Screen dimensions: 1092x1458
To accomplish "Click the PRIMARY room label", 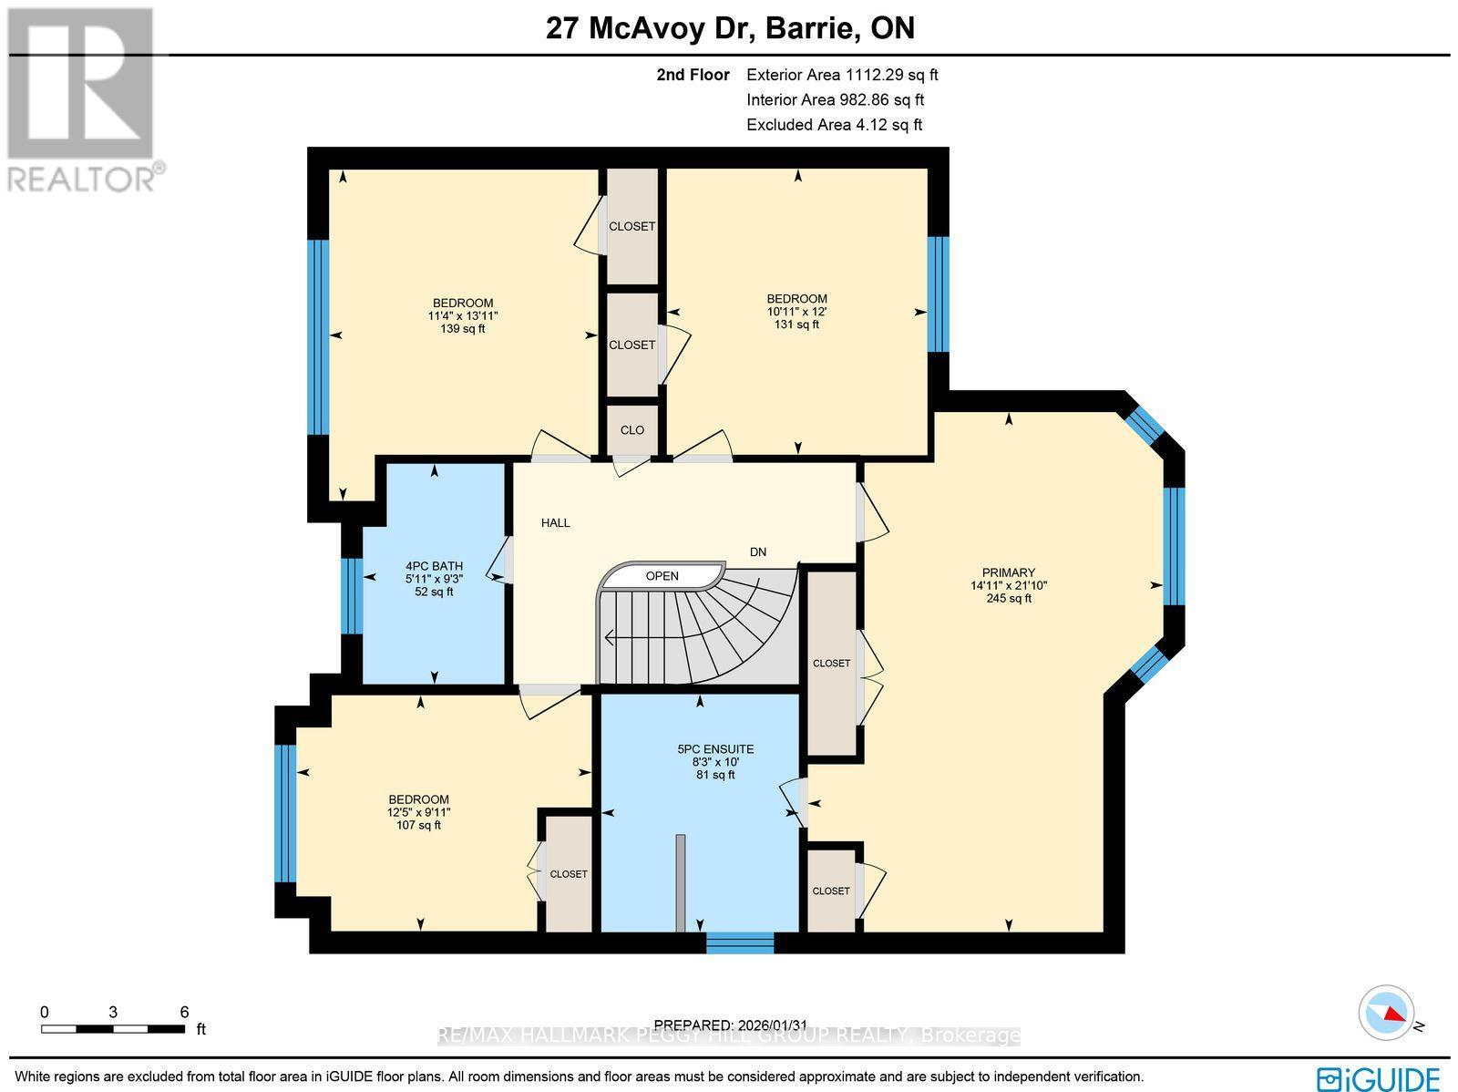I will (1008, 573).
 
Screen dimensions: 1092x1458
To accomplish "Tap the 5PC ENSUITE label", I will (714, 749).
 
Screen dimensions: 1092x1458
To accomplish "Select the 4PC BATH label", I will (434, 566).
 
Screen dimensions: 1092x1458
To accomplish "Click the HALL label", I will (555, 522).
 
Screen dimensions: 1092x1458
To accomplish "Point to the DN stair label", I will (757, 551).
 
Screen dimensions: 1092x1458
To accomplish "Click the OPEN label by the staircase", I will (662, 576).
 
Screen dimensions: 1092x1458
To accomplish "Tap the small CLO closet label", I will (631, 430).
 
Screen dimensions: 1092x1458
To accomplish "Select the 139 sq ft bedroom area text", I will (462, 328).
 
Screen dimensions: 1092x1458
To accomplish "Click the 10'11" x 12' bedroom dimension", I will (796, 311).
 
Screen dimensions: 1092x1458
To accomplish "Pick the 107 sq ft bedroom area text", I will (418, 825).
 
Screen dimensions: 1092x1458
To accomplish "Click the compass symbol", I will (1385, 1013).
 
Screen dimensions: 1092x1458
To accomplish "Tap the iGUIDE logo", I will (1378, 1078).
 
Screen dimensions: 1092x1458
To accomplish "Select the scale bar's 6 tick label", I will (184, 1012).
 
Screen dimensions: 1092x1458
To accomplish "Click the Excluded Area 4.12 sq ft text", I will (834, 125).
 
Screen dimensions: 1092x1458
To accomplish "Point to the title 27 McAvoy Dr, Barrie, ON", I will (730, 28).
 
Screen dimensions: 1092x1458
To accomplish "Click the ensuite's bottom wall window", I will (739, 942).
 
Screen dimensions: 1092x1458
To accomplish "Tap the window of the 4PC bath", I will (352, 595).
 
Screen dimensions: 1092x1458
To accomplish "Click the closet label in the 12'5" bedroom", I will (569, 874).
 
